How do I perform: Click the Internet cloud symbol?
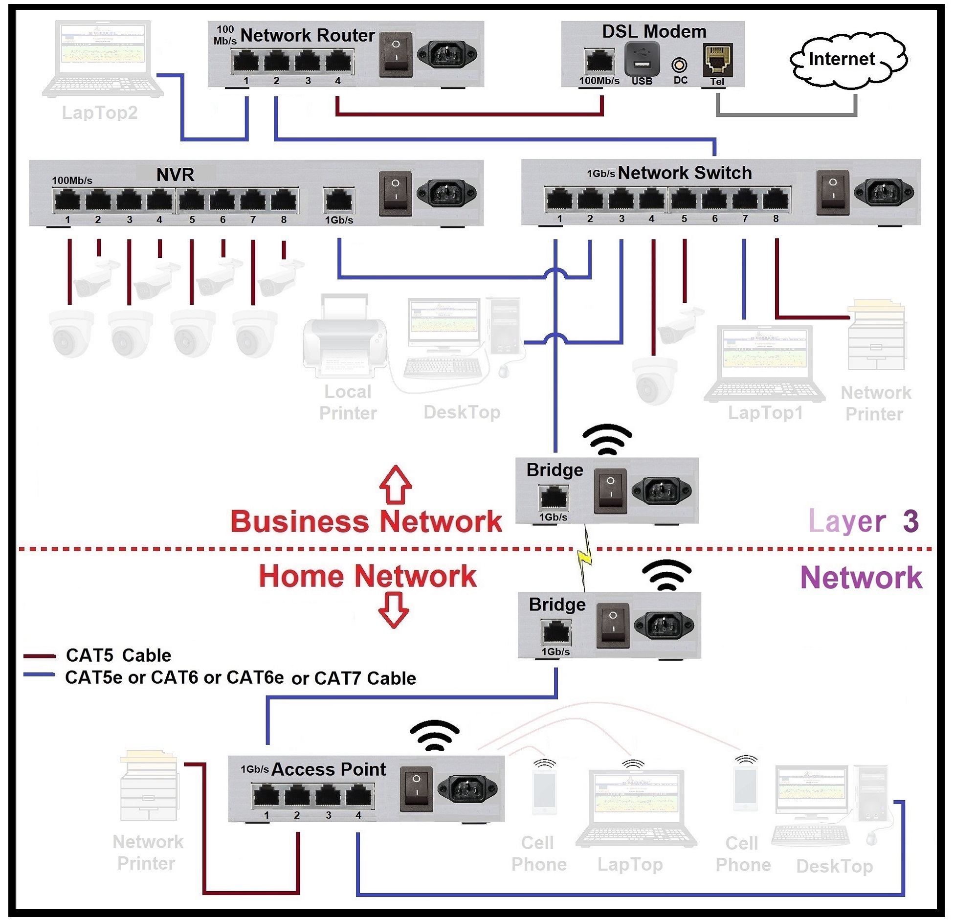[x=848, y=60]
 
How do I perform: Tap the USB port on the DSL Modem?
[x=642, y=59]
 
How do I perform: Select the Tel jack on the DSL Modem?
[x=717, y=60]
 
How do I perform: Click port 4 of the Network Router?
[x=337, y=62]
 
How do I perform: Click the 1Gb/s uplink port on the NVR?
[x=338, y=200]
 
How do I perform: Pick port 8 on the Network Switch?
[x=776, y=199]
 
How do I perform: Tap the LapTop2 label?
[x=100, y=112]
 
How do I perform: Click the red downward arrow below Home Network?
[x=393, y=609]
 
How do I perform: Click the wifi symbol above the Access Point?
[x=434, y=735]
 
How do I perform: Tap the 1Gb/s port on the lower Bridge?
[x=556, y=632]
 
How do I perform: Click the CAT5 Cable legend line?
[x=39, y=656]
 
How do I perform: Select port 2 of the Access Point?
[x=296, y=796]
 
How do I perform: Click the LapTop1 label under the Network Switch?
[x=765, y=412]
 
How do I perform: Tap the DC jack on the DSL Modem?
[x=679, y=65]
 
